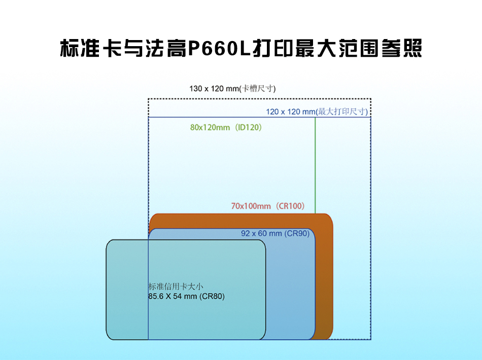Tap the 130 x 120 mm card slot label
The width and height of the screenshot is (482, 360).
[x=232, y=89]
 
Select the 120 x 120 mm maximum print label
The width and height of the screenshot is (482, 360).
[x=317, y=112]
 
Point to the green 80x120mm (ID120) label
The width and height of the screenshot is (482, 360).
[x=226, y=127]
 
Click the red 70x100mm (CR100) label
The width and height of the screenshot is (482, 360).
[x=268, y=206]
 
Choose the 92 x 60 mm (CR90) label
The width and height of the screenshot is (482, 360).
[x=275, y=233]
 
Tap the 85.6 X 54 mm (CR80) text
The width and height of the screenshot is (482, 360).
[x=187, y=297]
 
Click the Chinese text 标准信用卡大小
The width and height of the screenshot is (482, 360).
[x=176, y=286]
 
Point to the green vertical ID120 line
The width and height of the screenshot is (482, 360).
[x=315, y=165]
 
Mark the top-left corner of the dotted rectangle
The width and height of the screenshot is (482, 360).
[x=149, y=99]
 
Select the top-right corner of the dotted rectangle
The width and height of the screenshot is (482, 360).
[x=371, y=99]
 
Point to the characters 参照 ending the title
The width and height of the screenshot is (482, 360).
[x=402, y=48]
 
